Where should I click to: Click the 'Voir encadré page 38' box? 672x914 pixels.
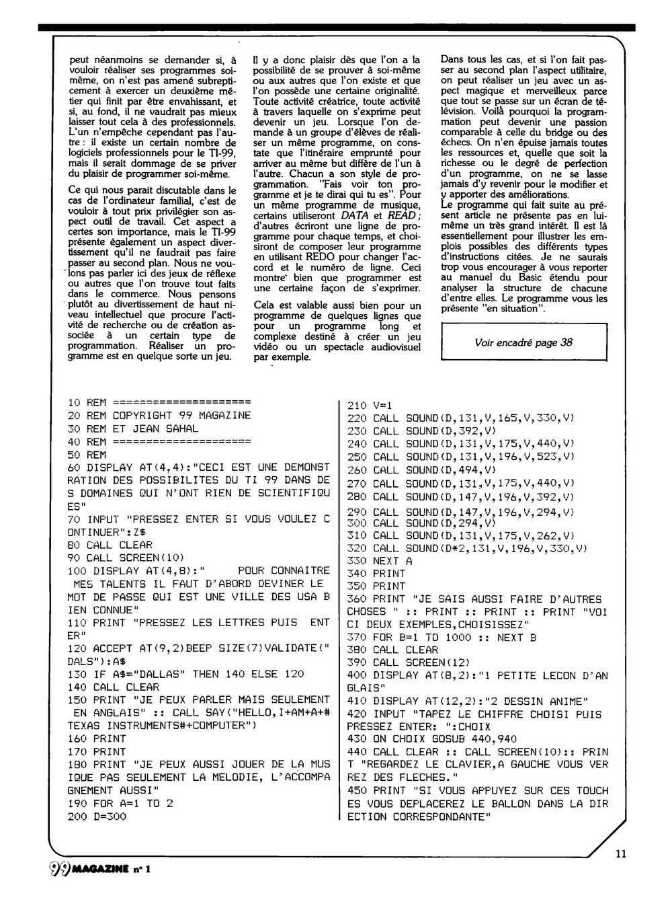(x=523, y=342)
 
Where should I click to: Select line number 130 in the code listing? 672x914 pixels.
(x=77, y=674)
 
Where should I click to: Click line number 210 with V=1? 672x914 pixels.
(x=358, y=406)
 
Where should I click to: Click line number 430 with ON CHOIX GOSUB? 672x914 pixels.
(x=358, y=739)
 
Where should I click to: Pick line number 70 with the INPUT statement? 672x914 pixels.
(x=75, y=519)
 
